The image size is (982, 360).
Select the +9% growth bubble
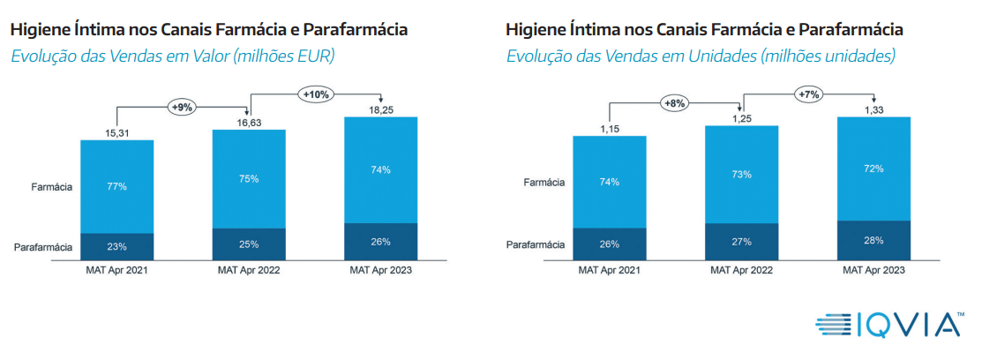pos(183,107)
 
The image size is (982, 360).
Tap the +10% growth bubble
pos(316,93)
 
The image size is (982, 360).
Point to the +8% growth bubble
pos(675,103)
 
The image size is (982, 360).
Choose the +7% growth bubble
pos(808,94)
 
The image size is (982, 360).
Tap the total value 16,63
pos(249,121)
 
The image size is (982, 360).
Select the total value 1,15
pos(611,128)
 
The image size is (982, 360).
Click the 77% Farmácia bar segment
pos(117,186)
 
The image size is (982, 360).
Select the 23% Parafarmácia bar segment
pos(117,247)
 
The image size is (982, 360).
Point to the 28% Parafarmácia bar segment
pos(873,241)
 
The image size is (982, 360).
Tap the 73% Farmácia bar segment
pos(742,175)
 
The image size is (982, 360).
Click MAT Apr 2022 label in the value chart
pos(249,271)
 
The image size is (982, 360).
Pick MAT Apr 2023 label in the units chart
pos(873,271)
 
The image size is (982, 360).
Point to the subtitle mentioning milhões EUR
pos(173,56)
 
